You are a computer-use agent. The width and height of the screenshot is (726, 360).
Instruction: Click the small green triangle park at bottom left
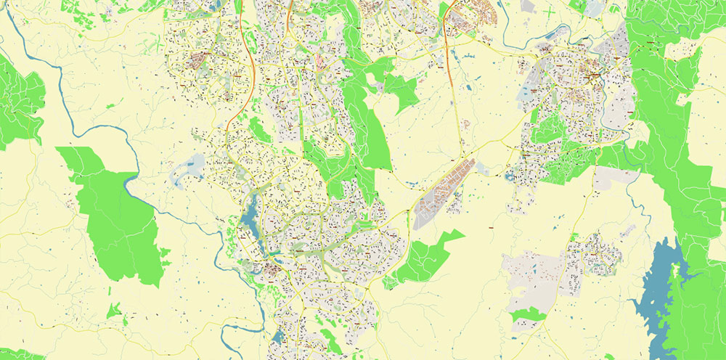click(x=113, y=311)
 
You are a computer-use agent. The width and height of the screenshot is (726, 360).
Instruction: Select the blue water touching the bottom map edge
click(x=279, y=337)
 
